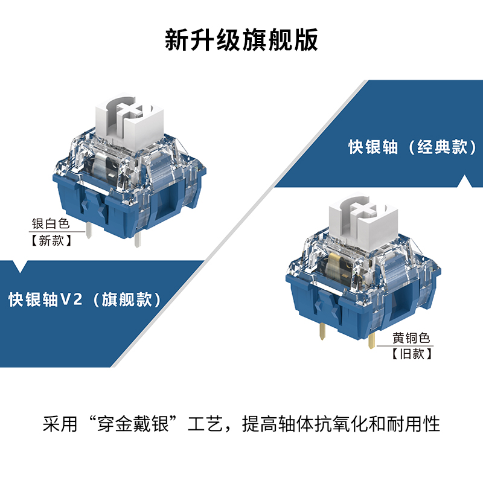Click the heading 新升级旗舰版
tap(241, 41)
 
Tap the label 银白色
tap(51, 225)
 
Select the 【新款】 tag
tap(51, 241)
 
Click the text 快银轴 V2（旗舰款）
tap(85, 299)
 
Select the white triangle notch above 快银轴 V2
tap(24, 266)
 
